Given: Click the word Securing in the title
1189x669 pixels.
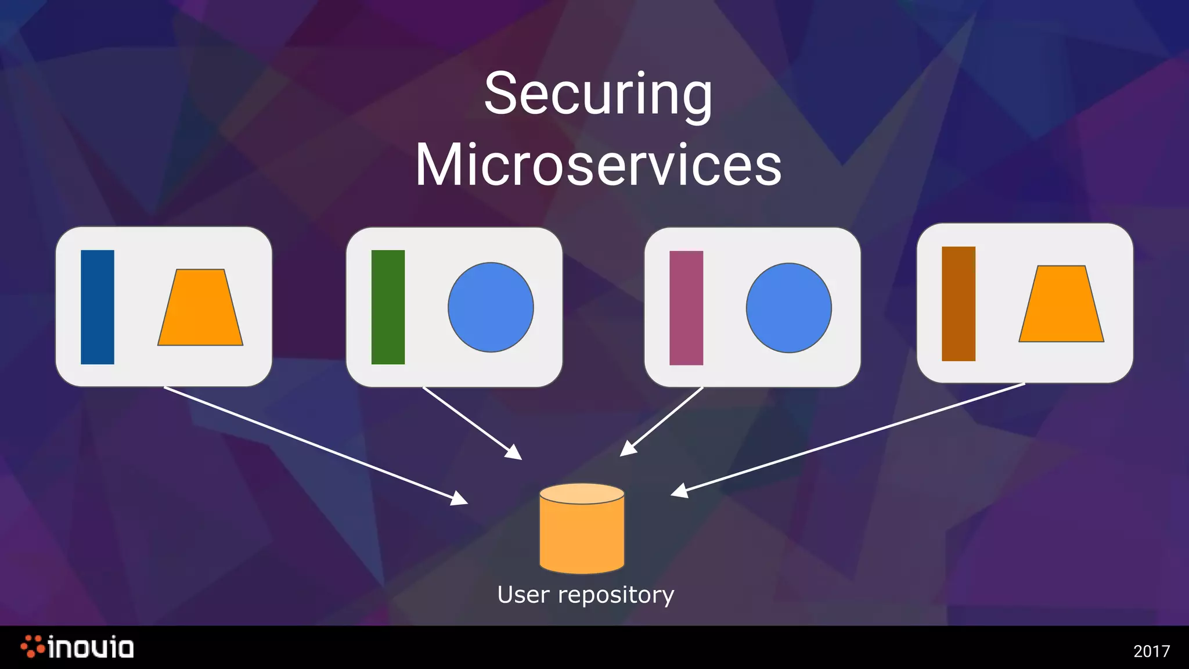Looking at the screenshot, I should tap(598, 94).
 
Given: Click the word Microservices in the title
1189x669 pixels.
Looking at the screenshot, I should tap(598, 166).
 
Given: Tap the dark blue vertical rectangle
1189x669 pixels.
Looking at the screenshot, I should tap(98, 307).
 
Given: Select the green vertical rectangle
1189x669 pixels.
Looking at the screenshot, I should tap(388, 307).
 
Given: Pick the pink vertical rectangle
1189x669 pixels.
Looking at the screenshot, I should tap(686, 308).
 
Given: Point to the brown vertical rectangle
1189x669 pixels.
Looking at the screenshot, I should tap(959, 304).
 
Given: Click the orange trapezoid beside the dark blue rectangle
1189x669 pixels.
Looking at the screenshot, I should tap(200, 309).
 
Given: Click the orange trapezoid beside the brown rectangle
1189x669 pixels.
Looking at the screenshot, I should tap(1061, 305).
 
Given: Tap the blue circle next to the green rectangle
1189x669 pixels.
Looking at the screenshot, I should tap(491, 307).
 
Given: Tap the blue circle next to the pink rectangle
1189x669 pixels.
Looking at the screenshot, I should tap(789, 308).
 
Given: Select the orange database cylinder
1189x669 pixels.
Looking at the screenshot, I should tap(582, 534).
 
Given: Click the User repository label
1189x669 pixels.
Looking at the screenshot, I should tap(586, 595).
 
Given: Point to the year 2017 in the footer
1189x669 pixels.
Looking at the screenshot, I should tap(1151, 651).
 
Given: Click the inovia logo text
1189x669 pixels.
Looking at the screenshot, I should tap(91, 648).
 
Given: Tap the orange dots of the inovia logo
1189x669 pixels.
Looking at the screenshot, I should tap(33, 646).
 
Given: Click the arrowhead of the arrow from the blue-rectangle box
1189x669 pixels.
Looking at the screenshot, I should tap(461, 499).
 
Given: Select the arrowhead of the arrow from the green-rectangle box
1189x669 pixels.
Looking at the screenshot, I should tap(515, 453).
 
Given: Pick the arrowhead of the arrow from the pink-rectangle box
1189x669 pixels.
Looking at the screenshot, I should tap(626, 450).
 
